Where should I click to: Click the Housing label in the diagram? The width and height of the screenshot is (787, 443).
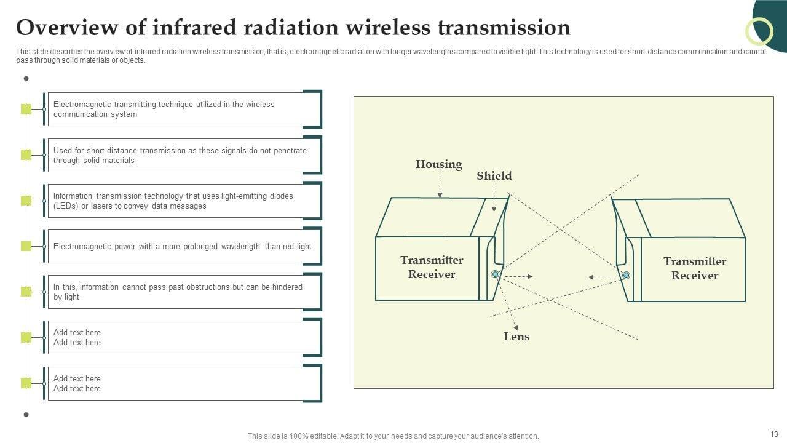[x=438, y=164]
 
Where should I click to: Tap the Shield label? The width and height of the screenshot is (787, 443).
[x=494, y=176]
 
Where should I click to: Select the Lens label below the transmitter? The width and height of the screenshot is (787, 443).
[x=516, y=337]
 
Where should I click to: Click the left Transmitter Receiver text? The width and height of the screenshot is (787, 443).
[x=432, y=267]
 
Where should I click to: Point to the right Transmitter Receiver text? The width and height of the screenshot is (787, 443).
[x=695, y=268]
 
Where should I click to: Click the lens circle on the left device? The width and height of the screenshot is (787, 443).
[x=495, y=274]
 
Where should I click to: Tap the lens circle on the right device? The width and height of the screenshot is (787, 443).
[x=626, y=276]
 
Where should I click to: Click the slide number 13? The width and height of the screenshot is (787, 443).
[x=773, y=434]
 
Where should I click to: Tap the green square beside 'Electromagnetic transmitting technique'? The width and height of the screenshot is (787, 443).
[x=26, y=109]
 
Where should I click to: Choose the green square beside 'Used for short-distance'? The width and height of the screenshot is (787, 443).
[x=26, y=154]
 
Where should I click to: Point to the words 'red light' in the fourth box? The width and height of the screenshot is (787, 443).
[x=297, y=247]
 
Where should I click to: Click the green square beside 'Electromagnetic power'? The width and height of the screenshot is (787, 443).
[x=26, y=246]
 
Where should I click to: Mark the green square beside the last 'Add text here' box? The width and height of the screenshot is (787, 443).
[x=26, y=383]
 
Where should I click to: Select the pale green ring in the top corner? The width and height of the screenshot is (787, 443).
[x=759, y=31]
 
